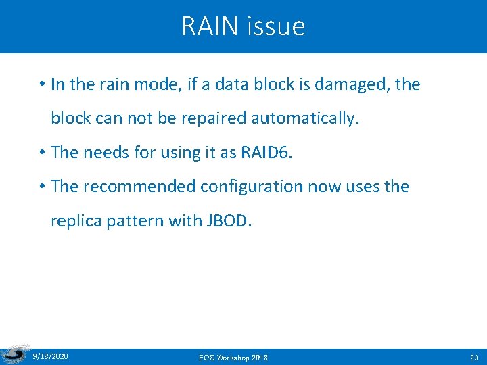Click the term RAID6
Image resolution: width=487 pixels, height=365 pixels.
264,152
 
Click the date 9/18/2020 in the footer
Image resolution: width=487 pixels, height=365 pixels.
50,356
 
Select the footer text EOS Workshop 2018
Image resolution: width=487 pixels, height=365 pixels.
233,356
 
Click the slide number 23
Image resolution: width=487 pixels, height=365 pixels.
473,356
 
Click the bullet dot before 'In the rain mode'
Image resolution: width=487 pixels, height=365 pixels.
41,85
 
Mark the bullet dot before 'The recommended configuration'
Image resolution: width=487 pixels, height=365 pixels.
41,187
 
